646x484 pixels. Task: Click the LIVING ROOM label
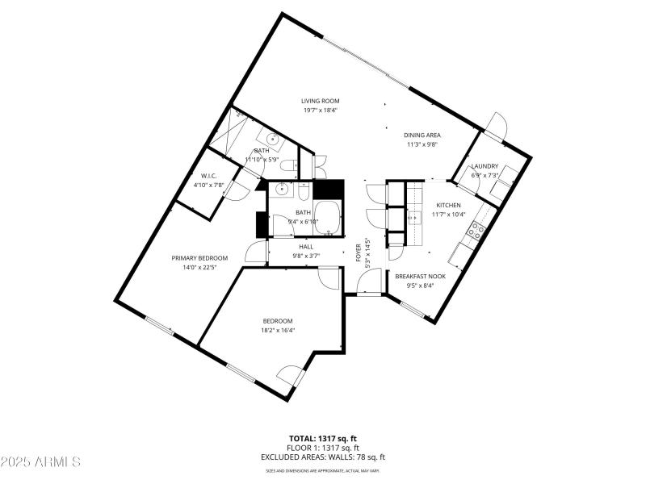tap(321, 101)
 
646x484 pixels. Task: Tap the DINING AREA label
tap(422, 136)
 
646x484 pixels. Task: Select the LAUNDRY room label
tap(484, 166)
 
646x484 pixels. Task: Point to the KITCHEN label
tap(447, 206)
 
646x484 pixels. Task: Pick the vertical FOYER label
tap(359, 252)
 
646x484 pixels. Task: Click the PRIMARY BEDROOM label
tap(199, 258)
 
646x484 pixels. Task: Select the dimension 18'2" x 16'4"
tap(277, 330)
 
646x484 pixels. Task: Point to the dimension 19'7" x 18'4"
tap(321, 111)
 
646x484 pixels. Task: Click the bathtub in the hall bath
tap(327, 218)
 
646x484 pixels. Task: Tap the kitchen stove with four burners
tap(476, 232)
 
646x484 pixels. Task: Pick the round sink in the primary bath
tap(274, 140)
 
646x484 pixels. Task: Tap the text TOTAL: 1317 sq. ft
tap(322, 438)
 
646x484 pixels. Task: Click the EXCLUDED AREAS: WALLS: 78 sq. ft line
tap(322, 457)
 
